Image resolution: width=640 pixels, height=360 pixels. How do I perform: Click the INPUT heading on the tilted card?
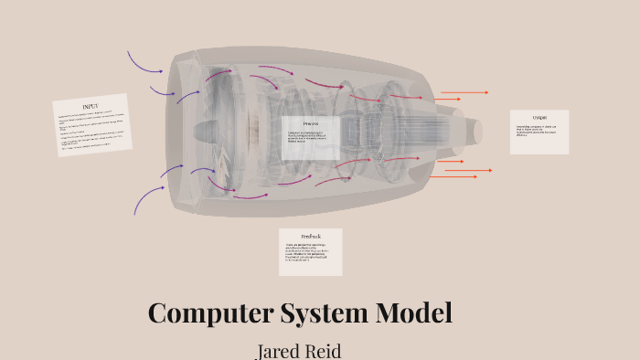point(90,107)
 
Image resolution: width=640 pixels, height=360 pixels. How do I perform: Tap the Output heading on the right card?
point(539,117)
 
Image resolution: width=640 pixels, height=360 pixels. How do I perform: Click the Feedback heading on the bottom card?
point(311,237)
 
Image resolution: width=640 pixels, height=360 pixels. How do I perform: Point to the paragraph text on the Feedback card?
point(310,254)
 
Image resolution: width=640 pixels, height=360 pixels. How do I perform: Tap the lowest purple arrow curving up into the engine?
point(149,197)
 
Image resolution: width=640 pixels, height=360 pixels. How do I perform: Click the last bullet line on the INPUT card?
point(87,145)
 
